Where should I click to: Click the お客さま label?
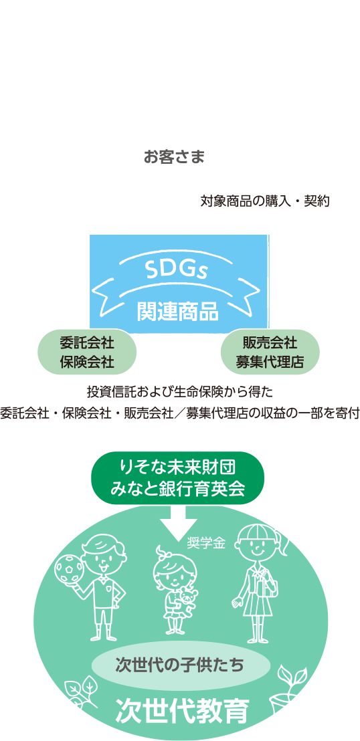(x=174, y=157)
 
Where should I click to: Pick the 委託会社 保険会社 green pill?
(x=87, y=352)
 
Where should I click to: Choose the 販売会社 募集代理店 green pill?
(x=270, y=352)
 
